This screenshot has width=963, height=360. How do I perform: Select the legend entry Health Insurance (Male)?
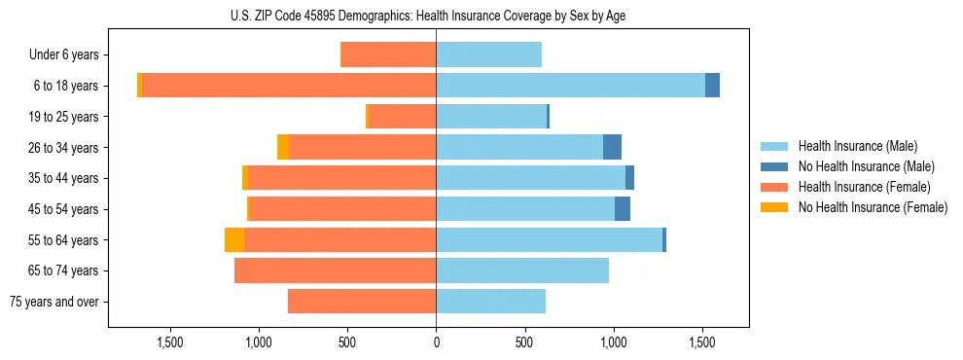click(x=857, y=146)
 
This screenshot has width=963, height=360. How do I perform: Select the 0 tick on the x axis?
click(x=436, y=342)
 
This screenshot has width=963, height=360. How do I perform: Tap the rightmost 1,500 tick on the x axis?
click(x=702, y=342)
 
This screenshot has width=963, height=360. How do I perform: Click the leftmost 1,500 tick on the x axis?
click(x=170, y=342)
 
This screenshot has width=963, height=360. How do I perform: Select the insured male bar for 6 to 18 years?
click(x=570, y=86)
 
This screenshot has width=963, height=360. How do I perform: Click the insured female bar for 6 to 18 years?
click(x=289, y=86)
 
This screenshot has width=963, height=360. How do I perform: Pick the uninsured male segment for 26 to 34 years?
click(x=612, y=147)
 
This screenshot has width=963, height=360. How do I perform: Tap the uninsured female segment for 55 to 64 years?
click(x=234, y=239)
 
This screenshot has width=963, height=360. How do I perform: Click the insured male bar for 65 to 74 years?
click(x=522, y=270)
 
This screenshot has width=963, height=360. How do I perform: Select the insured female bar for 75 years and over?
click(x=362, y=302)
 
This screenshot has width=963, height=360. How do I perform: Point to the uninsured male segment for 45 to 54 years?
click(x=623, y=209)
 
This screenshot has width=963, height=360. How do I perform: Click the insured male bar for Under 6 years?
click(x=488, y=55)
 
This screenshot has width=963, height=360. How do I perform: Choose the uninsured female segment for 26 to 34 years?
click(x=283, y=147)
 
